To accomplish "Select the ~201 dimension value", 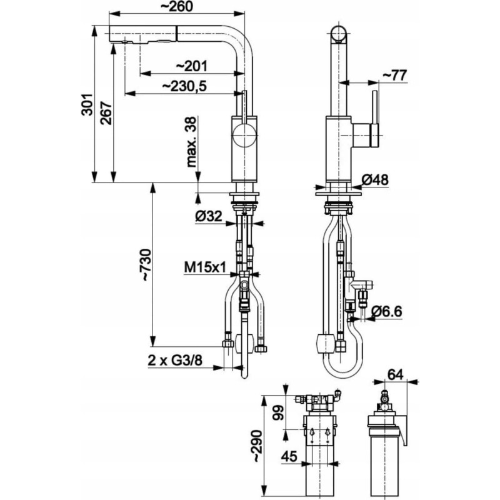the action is tap(192, 66).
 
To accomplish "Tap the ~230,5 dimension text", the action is tap(184, 86).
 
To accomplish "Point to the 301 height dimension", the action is tap(86, 104).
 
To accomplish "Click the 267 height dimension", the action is tap(106, 113).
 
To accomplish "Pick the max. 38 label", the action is tap(192, 142).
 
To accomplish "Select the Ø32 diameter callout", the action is tap(209, 217).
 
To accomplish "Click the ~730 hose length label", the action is tap(147, 265).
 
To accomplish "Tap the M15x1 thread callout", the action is tap(205, 267).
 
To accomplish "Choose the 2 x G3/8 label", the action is tap(175, 361).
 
